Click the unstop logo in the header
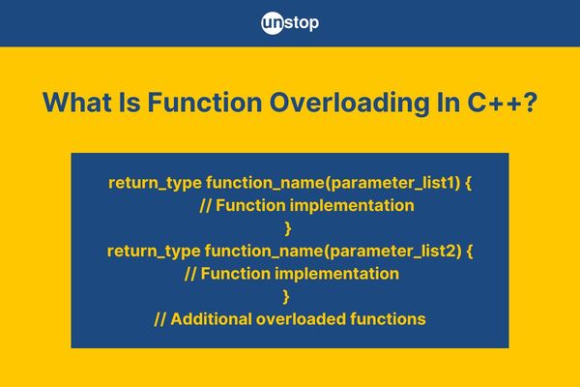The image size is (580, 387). pos(290,23)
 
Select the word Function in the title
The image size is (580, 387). pos(205,103)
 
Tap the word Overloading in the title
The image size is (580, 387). pos(349,104)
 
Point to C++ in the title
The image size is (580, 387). pos(494,103)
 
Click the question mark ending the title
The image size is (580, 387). pos(530,103)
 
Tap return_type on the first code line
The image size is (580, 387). pos(155,183)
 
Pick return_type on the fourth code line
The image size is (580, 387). pos(154,252)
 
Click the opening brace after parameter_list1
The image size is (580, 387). pos(468,183)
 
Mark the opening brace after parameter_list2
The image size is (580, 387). pos(470,252)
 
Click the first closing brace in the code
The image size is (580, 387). pos(288,228)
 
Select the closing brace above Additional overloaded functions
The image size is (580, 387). pos(286,297)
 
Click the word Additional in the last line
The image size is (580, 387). pos(211,319)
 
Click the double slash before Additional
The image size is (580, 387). pos(159,319)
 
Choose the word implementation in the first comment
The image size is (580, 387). pos(352,206)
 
